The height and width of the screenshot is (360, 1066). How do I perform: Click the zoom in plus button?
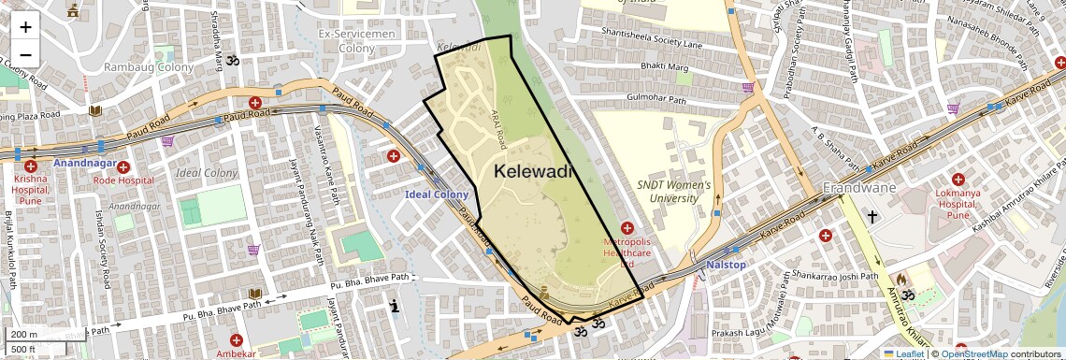click(25, 26)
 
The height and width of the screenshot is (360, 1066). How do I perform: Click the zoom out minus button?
click(25, 54)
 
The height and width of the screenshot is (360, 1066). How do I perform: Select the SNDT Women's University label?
click(673, 192)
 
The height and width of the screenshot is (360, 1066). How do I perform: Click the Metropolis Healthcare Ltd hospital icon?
click(627, 228)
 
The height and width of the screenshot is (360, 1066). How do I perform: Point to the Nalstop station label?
click(726, 266)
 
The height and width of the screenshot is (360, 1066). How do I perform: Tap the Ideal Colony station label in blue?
click(436, 194)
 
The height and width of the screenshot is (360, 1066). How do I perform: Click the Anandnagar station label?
click(83, 164)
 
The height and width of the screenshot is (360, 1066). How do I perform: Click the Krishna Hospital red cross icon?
click(29, 153)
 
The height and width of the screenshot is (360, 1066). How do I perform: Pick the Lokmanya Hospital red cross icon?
click(958, 179)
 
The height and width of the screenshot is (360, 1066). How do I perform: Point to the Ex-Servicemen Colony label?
click(356, 40)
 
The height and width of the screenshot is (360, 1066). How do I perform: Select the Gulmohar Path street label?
click(656, 100)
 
